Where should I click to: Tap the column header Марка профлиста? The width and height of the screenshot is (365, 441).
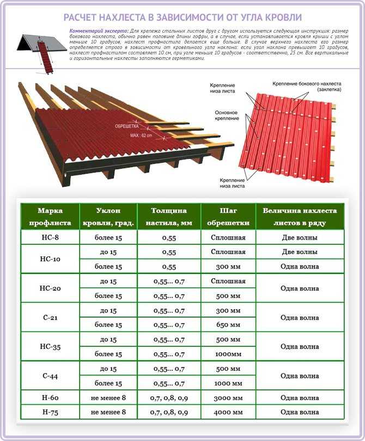click(x=50, y=217)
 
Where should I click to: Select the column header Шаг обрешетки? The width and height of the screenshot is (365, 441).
click(x=228, y=217)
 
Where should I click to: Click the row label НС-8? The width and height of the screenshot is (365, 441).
click(x=50, y=237)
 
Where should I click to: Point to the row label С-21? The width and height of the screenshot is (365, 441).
click(x=50, y=317)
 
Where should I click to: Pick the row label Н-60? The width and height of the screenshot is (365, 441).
click(x=50, y=398)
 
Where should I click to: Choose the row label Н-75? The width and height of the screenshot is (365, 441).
click(x=50, y=412)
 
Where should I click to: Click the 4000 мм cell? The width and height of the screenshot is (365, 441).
click(x=228, y=412)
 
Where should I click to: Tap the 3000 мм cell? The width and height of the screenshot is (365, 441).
click(x=228, y=398)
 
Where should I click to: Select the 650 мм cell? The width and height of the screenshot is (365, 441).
click(x=228, y=325)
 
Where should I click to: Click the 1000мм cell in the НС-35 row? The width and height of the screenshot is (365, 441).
click(x=228, y=354)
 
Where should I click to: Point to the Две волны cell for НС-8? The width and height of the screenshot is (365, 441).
click(x=300, y=237)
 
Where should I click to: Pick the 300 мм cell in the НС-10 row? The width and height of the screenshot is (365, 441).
click(x=228, y=267)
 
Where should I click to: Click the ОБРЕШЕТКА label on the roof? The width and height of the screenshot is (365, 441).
click(x=127, y=126)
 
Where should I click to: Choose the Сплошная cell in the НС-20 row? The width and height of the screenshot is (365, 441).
click(x=228, y=281)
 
